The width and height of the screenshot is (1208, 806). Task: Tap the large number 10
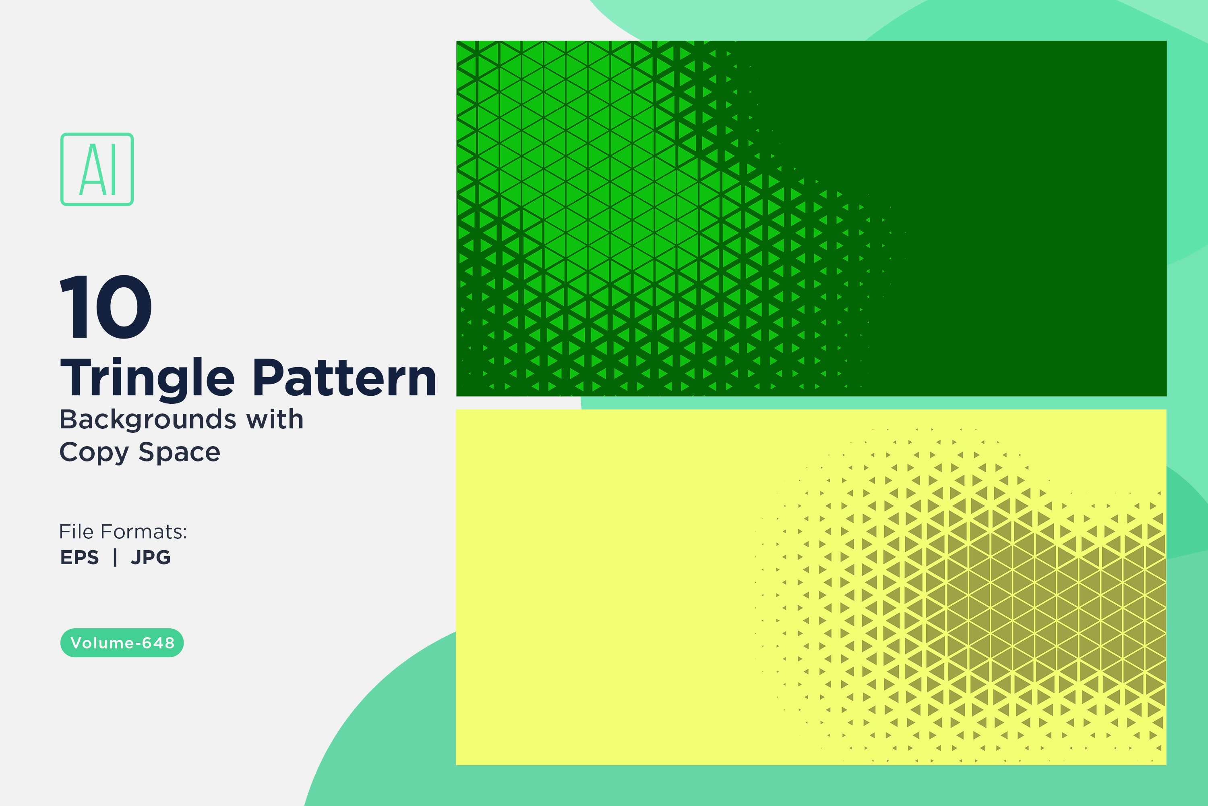(x=106, y=306)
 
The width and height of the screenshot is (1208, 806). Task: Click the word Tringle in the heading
(x=147, y=378)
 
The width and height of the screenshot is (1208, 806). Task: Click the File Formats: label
(x=123, y=532)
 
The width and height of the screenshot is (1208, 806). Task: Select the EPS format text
(x=80, y=557)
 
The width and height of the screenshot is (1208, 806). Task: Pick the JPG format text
(x=151, y=557)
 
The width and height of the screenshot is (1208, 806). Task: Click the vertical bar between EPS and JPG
(x=115, y=557)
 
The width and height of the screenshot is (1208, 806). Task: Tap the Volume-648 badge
(x=122, y=642)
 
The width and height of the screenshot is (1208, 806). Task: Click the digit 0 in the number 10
(x=123, y=307)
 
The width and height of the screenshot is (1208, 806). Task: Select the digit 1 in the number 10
(x=74, y=307)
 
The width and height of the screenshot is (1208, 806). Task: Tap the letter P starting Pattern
(x=269, y=378)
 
